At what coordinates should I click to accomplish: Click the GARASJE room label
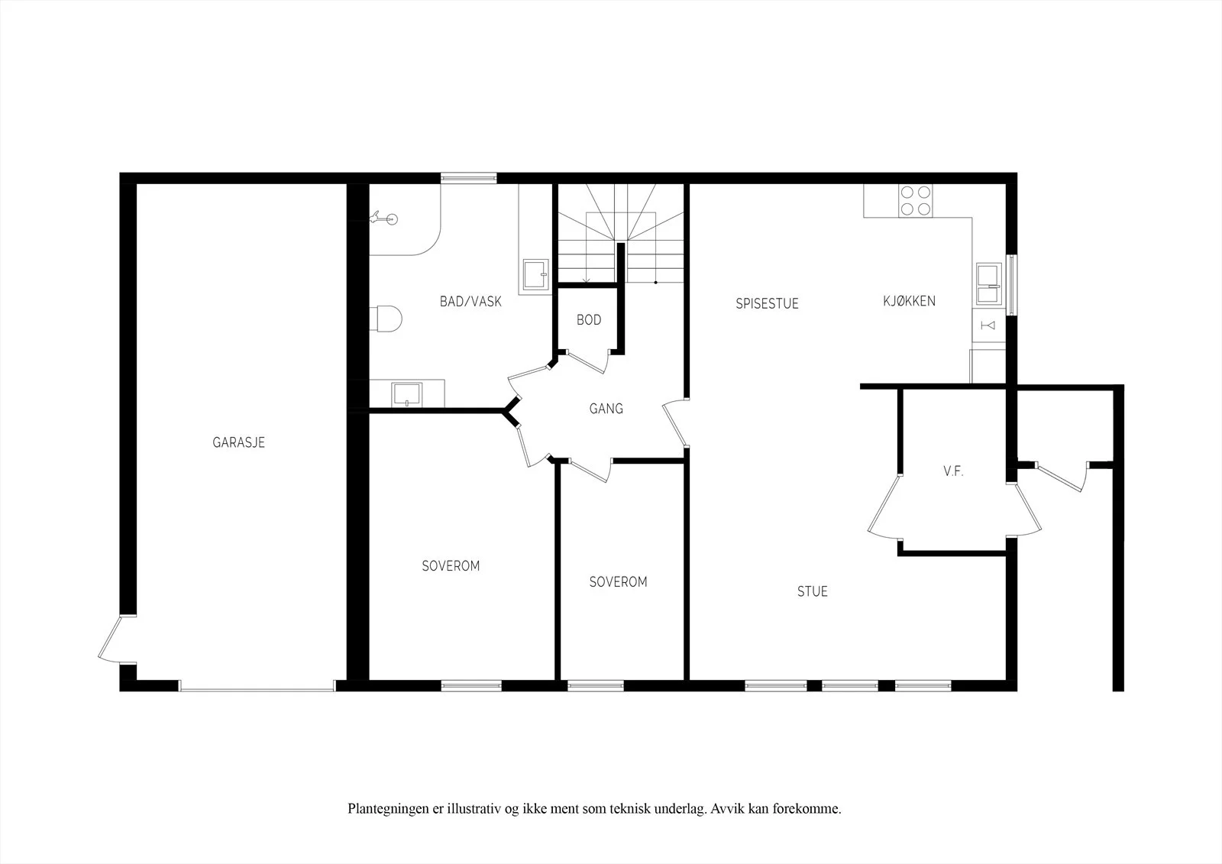click(x=238, y=442)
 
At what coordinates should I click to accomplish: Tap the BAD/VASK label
click(x=470, y=301)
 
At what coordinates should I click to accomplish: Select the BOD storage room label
click(x=589, y=320)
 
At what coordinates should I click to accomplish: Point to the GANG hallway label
click(x=606, y=408)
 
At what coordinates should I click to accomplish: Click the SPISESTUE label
click(x=767, y=303)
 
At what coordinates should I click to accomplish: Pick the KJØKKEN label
click(x=909, y=301)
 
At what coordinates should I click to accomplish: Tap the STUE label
click(x=813, y=591)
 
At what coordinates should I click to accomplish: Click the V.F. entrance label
click(x=953, y=471)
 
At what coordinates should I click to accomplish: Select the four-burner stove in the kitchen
click(x=916, y=200)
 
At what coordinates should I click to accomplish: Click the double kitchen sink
click(x=989, y=283)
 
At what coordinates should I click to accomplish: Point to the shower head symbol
click(x=384, y=219)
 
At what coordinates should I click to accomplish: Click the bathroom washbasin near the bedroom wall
click(x=407, y=394)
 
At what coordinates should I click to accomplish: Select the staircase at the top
click(x=621, y=234)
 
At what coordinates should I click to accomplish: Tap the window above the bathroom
click(x=469, y=178)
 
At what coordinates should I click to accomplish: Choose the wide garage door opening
click(x=257, y=686)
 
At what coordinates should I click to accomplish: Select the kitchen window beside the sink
click(x=1011, y=285)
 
